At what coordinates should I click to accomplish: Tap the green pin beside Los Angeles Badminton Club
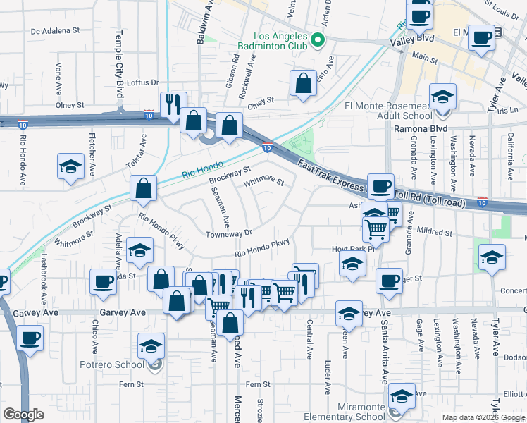318,40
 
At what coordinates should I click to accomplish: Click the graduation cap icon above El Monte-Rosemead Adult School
442,97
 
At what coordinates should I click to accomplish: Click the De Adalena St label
56,31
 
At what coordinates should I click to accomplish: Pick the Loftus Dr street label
144,82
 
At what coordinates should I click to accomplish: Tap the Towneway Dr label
228,233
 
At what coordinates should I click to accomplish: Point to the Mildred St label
432,232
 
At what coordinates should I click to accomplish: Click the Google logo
23,415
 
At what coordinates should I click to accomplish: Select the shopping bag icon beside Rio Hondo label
143,188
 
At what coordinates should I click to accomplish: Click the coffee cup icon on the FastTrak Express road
380,187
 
